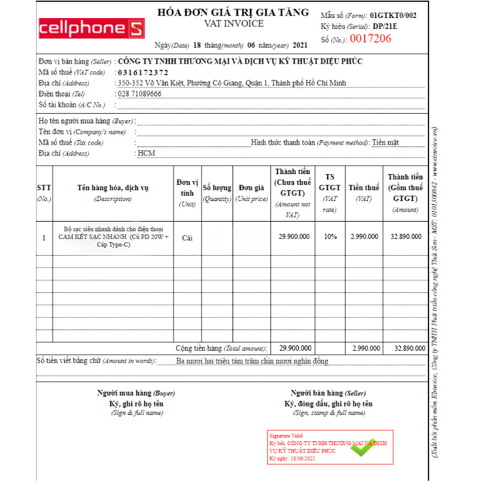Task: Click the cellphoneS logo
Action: [x=92, y=28]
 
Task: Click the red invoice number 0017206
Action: [x=369, y=39]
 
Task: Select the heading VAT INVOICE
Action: [x=234, y=24]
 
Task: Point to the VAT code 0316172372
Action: [x=143, y=73]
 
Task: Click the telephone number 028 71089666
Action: [x=139, y=94]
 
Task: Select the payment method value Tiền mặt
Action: [x=385, y=143]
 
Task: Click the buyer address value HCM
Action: [x=146, y=154]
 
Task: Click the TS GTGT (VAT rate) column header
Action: [x=330, y=188]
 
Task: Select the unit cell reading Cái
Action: [x=187, y=237]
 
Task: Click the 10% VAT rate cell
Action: [x=330, y=236]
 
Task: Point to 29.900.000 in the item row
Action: [x=294, y=236]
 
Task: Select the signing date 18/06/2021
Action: [x=301, y=459]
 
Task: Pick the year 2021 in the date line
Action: [x=300, y=46]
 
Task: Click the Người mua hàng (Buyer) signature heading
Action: [x=136, y=392]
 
